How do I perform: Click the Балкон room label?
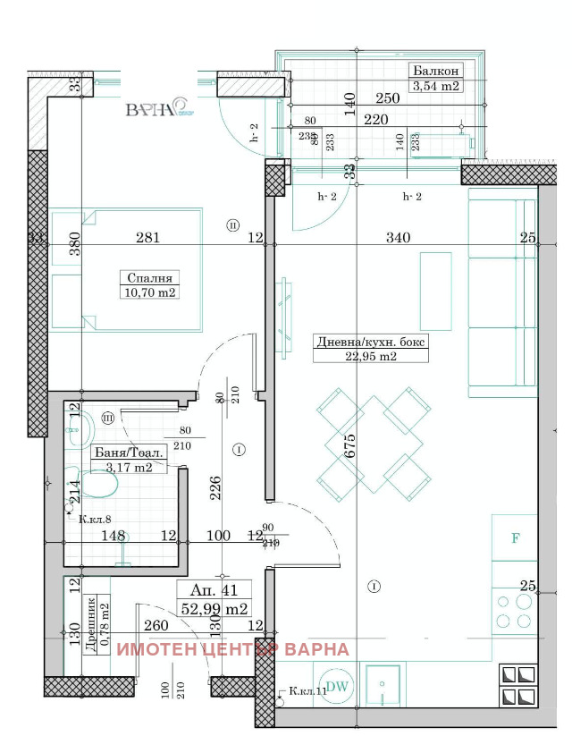click(435, 72)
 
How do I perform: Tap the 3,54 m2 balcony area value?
click(435, 87)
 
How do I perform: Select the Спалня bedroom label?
click(148, 277)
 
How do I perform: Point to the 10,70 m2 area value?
click(148, 292)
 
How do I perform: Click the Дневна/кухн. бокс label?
click(371, 341)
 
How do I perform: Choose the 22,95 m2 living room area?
click(370, 356)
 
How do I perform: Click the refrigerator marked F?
click(515, 538)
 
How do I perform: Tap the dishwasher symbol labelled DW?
click(337, 686)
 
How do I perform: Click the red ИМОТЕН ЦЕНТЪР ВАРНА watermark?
click(234, 650)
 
